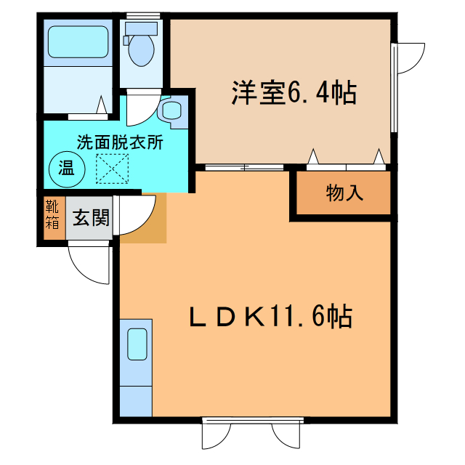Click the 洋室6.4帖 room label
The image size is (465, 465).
(x=294, y=93)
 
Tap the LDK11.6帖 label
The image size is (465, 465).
(x=271, y=317)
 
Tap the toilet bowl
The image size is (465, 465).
(x=139, y=51)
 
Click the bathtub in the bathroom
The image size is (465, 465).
(x=78, y=42)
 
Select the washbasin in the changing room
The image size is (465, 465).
(x=171, y=111)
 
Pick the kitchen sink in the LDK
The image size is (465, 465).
(x=137, y=344)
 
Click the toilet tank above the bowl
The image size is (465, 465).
(x=139, y=28)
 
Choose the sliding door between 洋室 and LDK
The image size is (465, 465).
(x=243, y=167)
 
